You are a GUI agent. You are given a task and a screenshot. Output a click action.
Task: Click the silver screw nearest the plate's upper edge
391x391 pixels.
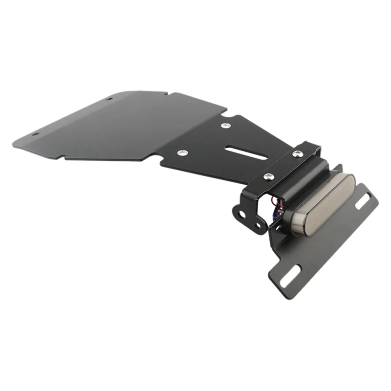(x=225, y=126)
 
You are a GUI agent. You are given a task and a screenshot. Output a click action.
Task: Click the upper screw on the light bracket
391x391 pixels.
(x=298, y=154)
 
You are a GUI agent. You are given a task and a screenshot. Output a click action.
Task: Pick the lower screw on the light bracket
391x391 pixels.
(x=267, y=176)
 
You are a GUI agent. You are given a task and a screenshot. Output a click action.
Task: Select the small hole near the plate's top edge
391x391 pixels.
(x=109, y=99)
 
